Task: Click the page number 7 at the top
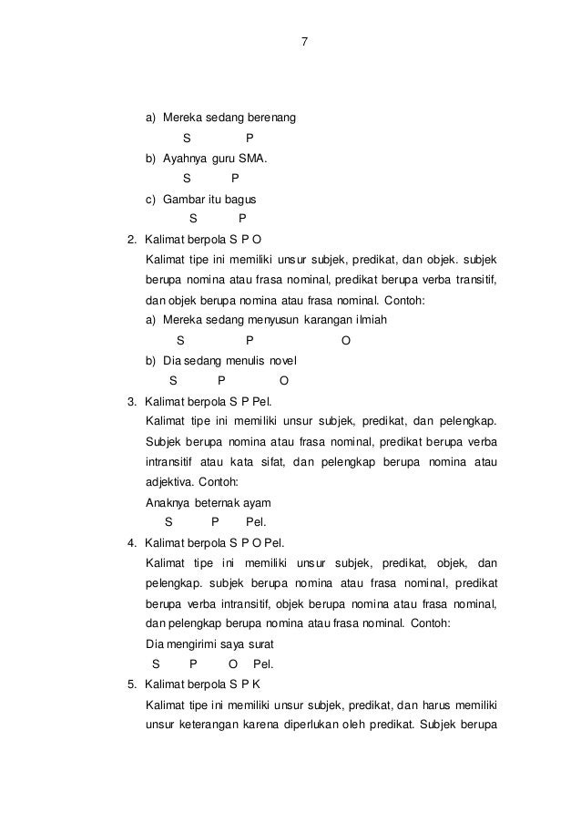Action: pyautogui.click(x=304, y=41)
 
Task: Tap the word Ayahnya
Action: pyautogui.click(x=187, y=159)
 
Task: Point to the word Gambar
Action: pyautogui.click(x=185, y=199)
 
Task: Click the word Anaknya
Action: pyautogui.click(x=168, y=502)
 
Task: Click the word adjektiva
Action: pyautogui.click(x=173, y=482)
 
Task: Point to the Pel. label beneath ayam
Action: pyautogui.click(x=257, y=522)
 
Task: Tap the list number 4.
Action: pyautogui.click(x=132, y=542)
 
